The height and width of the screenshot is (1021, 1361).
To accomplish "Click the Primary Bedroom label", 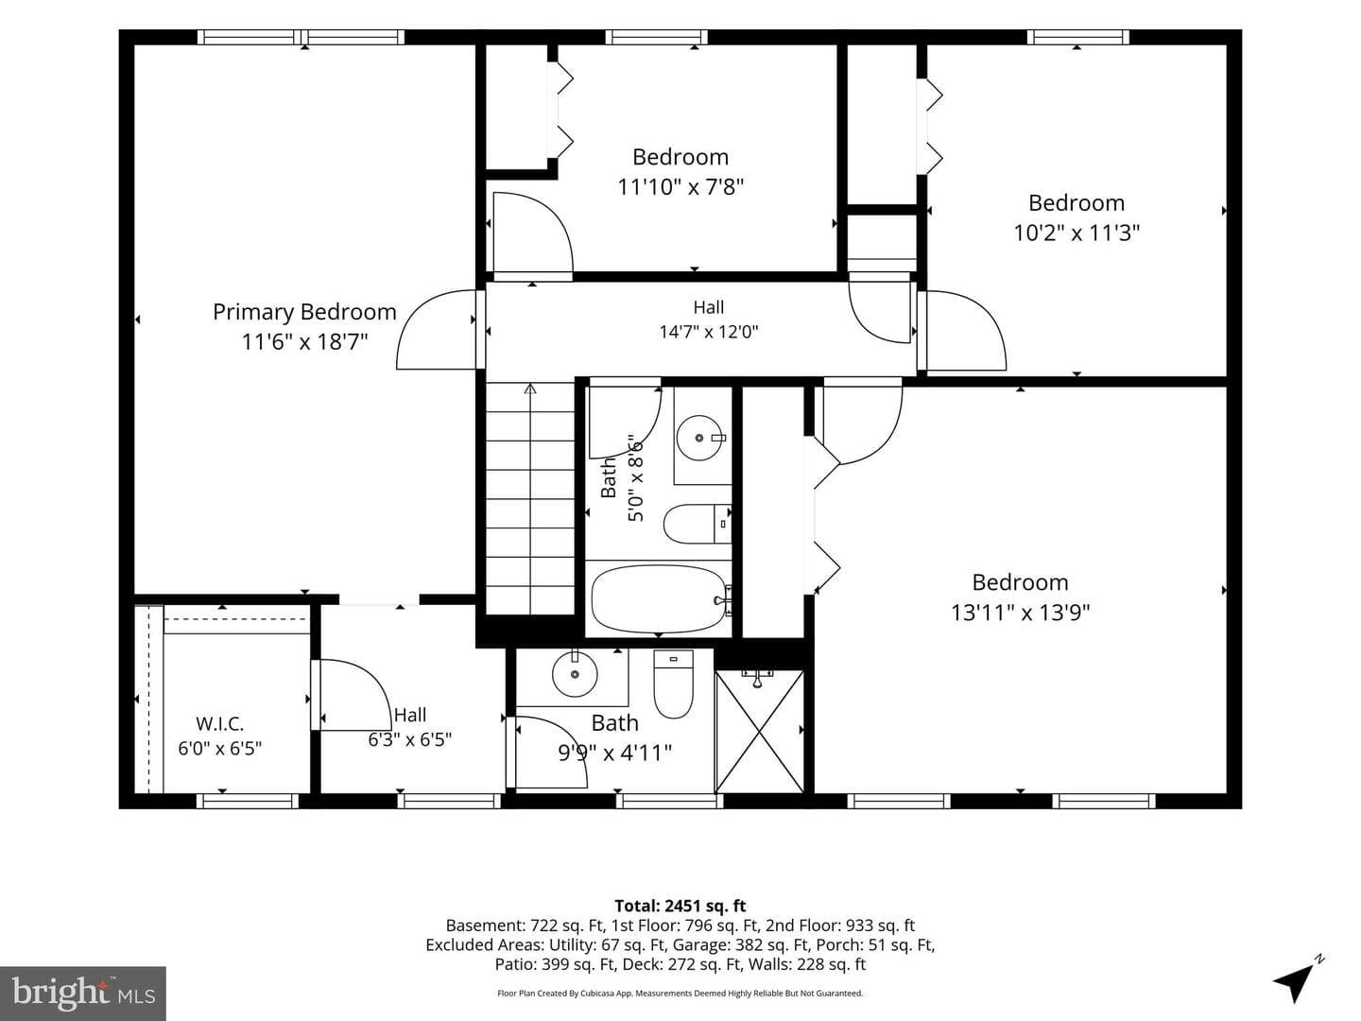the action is pyautogui.click(x=304, y=311).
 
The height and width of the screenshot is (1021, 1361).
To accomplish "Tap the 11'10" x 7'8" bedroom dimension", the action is pyautogui.click(x=680, y=186).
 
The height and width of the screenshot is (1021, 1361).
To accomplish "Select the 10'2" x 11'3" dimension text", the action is pyautogui.click(x=1077, y=233).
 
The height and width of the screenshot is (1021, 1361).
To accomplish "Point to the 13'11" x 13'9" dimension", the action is pyautogui.click(x=1020, y=613).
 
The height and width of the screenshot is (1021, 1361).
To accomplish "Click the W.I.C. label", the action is pyautogui.click(x=220, y=723).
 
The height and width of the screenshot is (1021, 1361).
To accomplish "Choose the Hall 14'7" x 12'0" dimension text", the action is pyautogui.click(x=709, y=332).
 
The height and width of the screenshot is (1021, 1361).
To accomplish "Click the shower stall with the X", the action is pyautogui.click(x=759, y=732).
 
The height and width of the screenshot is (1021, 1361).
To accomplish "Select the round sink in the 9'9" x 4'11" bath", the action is pyautogui.click(x=575, y=673).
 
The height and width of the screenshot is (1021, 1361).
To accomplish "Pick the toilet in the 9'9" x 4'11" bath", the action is pyautogui.click(x=673, y=684).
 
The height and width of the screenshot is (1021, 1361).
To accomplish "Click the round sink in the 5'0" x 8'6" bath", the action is pyautogui.click(x=699, y=438).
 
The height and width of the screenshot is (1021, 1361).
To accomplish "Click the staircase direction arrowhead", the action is pyautogui.click(x=530, y=389).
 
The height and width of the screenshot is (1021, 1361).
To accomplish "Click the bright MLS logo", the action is pyautogui.click(x=83, y=993).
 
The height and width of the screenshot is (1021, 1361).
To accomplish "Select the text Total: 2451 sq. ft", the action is pyautogui.click(x=680, y=906).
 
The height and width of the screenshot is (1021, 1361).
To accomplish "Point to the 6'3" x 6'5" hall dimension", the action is pyautogui.click(x=410, y=739).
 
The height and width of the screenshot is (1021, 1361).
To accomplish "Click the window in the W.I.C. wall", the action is pyautogui.click(x=248, y=801).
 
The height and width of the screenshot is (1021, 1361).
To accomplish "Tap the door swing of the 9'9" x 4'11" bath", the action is pyautogui.click(x=551, y=752).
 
